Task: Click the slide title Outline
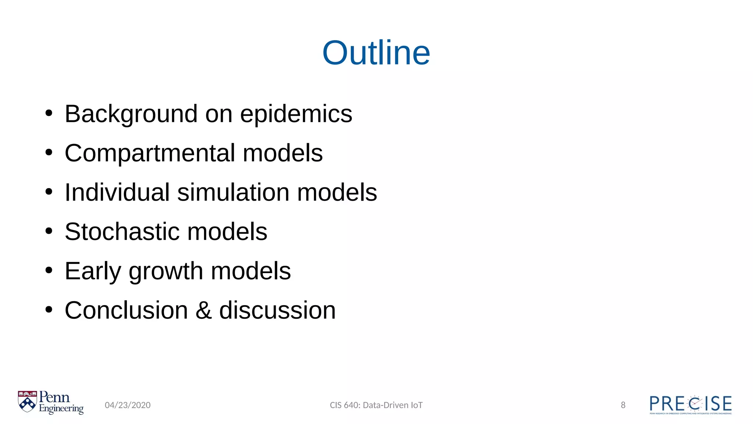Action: pyautogui.click(x=376, y=53)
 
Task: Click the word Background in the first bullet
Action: pyautogui.click(x=131, y=114)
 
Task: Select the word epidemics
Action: pyautogui.click(x=296, y=114)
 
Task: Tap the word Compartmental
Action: pyautogui.click(x=150, y=153)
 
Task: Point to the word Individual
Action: pyautogui.click(x=117, y=192)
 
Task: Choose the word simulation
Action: pyautogui.click(x=233, y=192)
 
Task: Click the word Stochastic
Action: pyautogui.click(x=122, y=232)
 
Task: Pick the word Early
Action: pyautogui.click(x=92, y=271)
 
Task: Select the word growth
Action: pyautogui.click(x=166, y=272)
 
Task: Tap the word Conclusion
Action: pyautogui.click(x=126, y=310)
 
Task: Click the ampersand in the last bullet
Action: pyautogui.click(x=203, y=310)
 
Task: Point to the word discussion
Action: pyautogui.click(x=278, y=310)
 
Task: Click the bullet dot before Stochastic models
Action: pyautogui.click(x=49, y=232)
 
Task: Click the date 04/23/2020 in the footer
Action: pyautogui.click(x=128, y=405)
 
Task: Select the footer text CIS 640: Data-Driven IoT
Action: pyautogui.click(x=376, y=405)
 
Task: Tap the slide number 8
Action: pyautogui.click(x=623, y=405)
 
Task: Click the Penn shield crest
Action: pyautogui.click(x=28, y=402)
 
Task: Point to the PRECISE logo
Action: pyautogui.click(x=690, y=404)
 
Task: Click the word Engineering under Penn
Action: pyautogui.click(x=61, y=409)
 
